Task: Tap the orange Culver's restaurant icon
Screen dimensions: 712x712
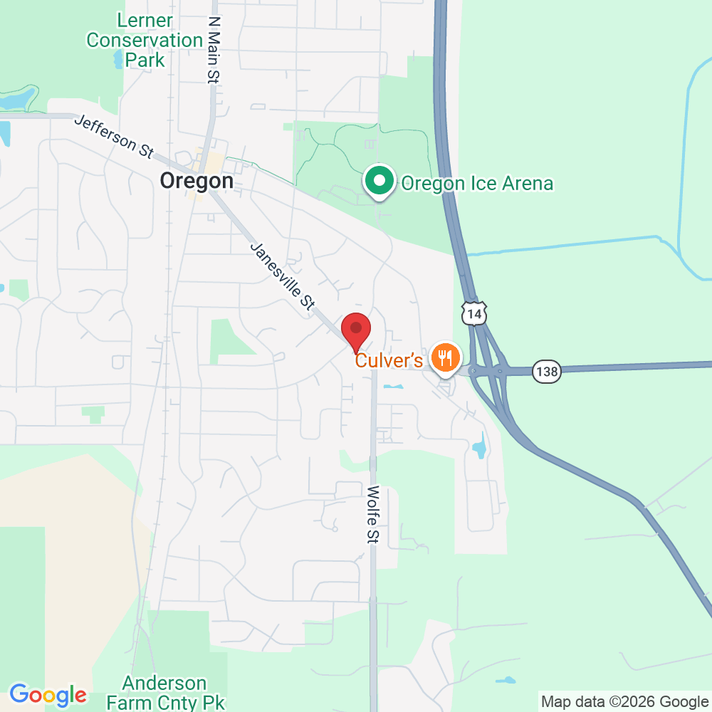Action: tap(446, 357)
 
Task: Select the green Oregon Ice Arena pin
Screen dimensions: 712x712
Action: tap(380, 181)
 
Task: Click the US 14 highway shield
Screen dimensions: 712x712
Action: tap(473, 313)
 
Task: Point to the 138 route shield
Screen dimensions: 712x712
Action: tap(548, 370)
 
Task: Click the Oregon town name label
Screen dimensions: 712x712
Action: tap(197, 181)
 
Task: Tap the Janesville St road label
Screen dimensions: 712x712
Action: tap(283, 276)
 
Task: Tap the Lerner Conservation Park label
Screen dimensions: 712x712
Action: tap(145, 40)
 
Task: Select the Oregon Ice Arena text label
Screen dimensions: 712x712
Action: tap(477, 184)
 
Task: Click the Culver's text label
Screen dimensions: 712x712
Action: tap(389, 360)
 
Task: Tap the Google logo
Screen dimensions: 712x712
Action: tap(48, 694)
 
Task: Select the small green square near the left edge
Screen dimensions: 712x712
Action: tap(93, 412)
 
